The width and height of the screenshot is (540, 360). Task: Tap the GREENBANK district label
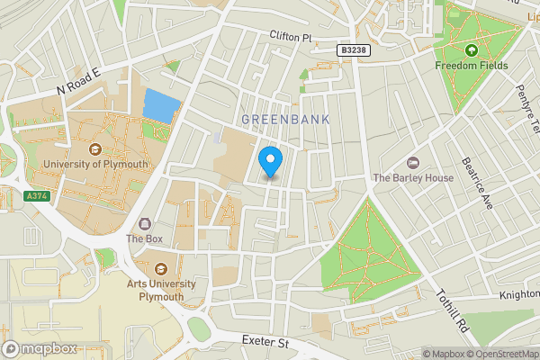point(285,119)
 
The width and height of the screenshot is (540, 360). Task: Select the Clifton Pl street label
point(289,38)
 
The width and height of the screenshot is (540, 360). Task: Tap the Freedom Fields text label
point(471,66)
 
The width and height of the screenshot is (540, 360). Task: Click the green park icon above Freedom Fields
point(471,49)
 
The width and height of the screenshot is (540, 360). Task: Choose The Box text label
point(143,239)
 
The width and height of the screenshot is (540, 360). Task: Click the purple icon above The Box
point(143,223)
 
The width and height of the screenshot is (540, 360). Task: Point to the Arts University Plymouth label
point(161,289)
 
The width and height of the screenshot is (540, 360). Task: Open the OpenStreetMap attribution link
point(502,354)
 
